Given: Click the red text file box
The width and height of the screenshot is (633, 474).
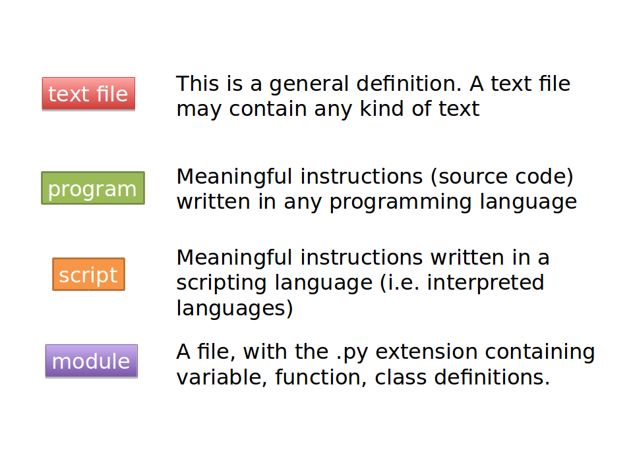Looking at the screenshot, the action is coord(88,94).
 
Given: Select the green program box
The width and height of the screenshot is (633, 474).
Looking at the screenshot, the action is coord(93,188).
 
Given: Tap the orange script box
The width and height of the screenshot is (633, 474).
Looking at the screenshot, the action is coord(89,274).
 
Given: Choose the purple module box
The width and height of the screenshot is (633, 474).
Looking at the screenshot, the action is coord(92,361).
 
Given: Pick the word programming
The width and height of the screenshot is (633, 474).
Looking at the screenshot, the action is coord(400,203).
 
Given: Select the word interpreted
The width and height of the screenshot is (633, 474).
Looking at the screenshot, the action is coord(486,283).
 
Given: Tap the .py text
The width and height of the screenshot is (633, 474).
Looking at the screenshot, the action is coord(352,353).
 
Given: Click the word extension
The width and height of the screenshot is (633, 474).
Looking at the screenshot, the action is coord(427,352).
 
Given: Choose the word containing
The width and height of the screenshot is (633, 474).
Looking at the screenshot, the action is coord(540,354).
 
